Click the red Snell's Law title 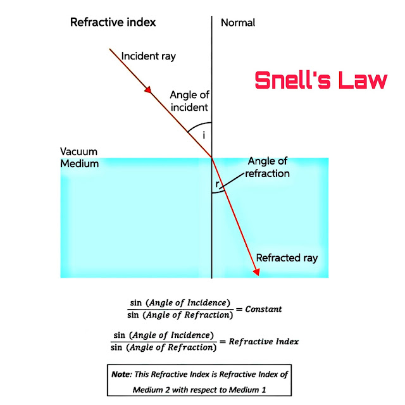pyautogui.click(x=320, y=80)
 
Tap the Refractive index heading pyautogui.click(x=113, y=23)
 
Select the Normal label pyautogui.click(x=238, y=23)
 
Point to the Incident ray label pyautogui.click(x=149, y=56)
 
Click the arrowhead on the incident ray pyautogui.click(x=150, y=92)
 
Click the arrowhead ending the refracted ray pyautogui.click(x=257, y=271)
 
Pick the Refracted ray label pyautogui.click(x=287, y=258)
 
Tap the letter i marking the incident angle pyautogui.click(x=204, y=135)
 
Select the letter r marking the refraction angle pyautogui.click(x=217, y=185)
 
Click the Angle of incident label pyautogui.click(x=189, y=101)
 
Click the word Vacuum pyautogui.click(x=79, y=153)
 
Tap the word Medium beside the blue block pyautogui.click(x=80, y=163)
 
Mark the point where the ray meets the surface pyautogui.click(x=212, y=158)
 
